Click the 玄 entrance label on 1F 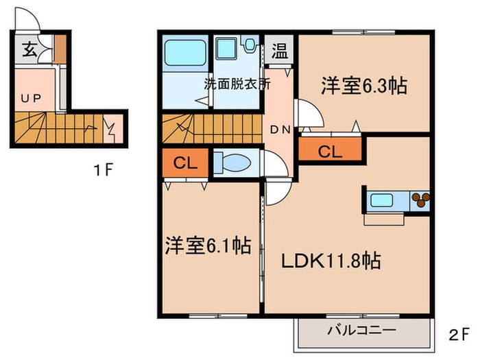[29, 49]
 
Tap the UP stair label [29, 97]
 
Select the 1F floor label [103, 169]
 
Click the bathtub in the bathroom [186, 53]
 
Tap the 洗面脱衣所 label [237, 85]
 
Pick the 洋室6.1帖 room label [207, 245]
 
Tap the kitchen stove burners [419, 201]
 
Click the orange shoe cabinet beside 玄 [60, 48]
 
